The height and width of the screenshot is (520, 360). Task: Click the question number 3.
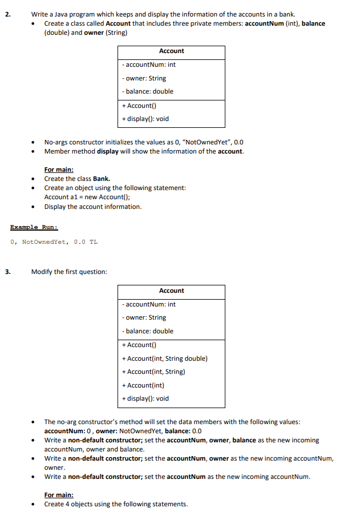pos(7,272)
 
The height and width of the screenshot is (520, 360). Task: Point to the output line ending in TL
pos(54,242)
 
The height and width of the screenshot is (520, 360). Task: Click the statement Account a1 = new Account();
pos(87,197)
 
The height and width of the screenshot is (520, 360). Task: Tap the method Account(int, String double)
pos(164,358)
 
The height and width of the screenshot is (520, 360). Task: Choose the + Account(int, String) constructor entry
pos(153,372)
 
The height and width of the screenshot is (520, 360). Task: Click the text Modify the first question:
pos(69,272)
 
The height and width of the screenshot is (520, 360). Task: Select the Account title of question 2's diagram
pos(171,51)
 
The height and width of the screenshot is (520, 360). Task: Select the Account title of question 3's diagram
pos(171,291)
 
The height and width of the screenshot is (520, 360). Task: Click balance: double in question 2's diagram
pos(148,91)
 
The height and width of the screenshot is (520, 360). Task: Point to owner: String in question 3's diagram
pos(144,317)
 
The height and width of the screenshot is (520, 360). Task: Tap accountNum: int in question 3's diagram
pos(149,304)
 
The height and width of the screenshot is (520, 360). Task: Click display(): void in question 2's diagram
pos(145,119)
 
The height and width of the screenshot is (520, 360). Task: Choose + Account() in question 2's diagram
pos(139,106)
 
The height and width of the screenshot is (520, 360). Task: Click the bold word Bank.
pos(101,179)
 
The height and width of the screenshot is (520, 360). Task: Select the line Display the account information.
pos(93,207)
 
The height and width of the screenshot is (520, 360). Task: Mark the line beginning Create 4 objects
pos(116,504)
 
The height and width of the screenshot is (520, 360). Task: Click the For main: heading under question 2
pos(59,170)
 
